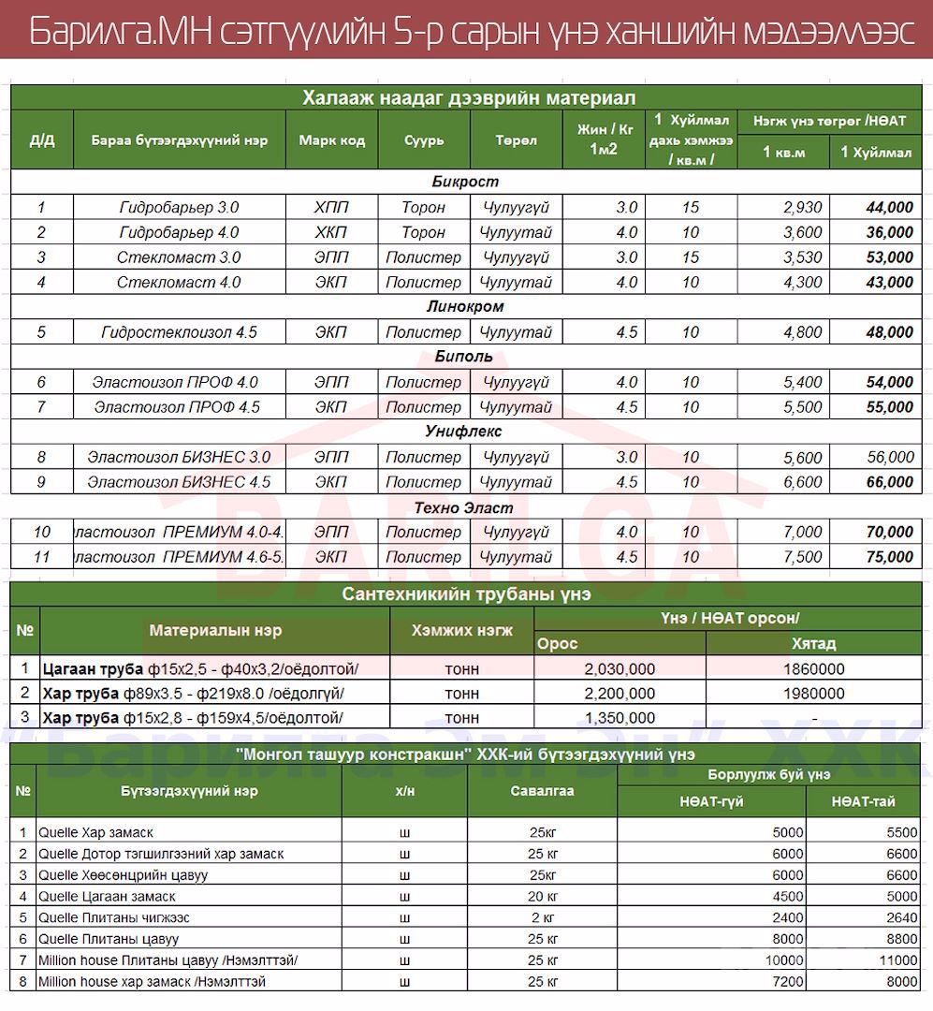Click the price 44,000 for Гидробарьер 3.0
(889, 208)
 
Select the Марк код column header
(331, 140)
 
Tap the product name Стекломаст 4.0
(179, 282)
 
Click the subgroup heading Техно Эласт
(464, 507)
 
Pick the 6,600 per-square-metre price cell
(802, 482)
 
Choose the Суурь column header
(424, 140)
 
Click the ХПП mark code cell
(331, 208)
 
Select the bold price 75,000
(889, 557)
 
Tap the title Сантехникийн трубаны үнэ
(466, 594)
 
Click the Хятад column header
(813, 644)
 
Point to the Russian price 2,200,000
(619, 694)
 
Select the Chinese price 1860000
(813, 669)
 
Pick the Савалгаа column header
(542, 791)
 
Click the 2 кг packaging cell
(542, 917)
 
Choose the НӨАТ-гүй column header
(711, 801)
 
